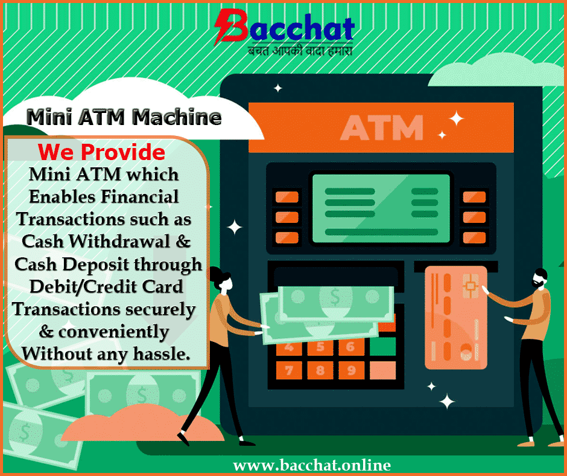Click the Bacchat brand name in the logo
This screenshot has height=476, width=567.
pos(285,27)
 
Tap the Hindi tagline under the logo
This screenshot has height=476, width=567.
pos(300,50)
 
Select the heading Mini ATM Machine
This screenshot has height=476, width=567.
pos(124,117)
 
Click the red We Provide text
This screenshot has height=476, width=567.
pos(101,152)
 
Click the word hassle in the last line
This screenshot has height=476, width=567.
pos(162,353)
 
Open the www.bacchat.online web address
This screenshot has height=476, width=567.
pos(312,465)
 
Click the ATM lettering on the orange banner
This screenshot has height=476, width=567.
pos(382,127)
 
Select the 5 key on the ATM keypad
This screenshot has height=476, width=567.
pos(320,347)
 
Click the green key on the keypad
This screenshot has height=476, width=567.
pos(382,347)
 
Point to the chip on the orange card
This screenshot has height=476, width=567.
pos(470,286)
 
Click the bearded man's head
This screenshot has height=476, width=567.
pos(539,278)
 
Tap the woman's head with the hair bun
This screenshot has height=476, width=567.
pos(221,279)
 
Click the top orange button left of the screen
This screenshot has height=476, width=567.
pos(287,198)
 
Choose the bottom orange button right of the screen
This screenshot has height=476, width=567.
pos(475,237)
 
